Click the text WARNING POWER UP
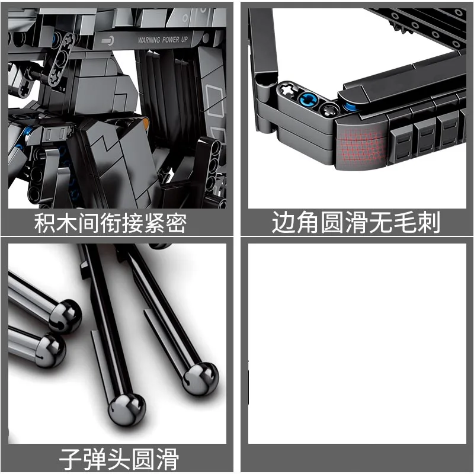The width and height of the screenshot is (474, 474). coord(171,41)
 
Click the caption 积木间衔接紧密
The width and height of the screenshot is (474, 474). coord(110,223)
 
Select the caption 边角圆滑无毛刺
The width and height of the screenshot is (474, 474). coord(356,223)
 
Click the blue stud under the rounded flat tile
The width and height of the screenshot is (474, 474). coord(351,107)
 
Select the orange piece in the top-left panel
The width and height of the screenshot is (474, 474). coord(144,122)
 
